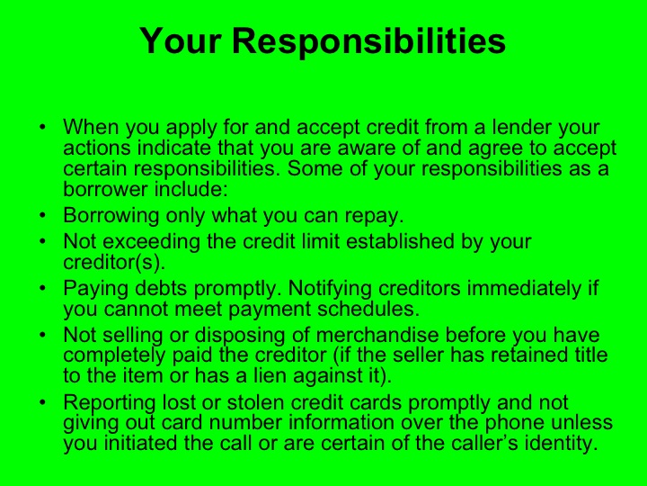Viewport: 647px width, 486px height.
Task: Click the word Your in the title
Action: (182, 41)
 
